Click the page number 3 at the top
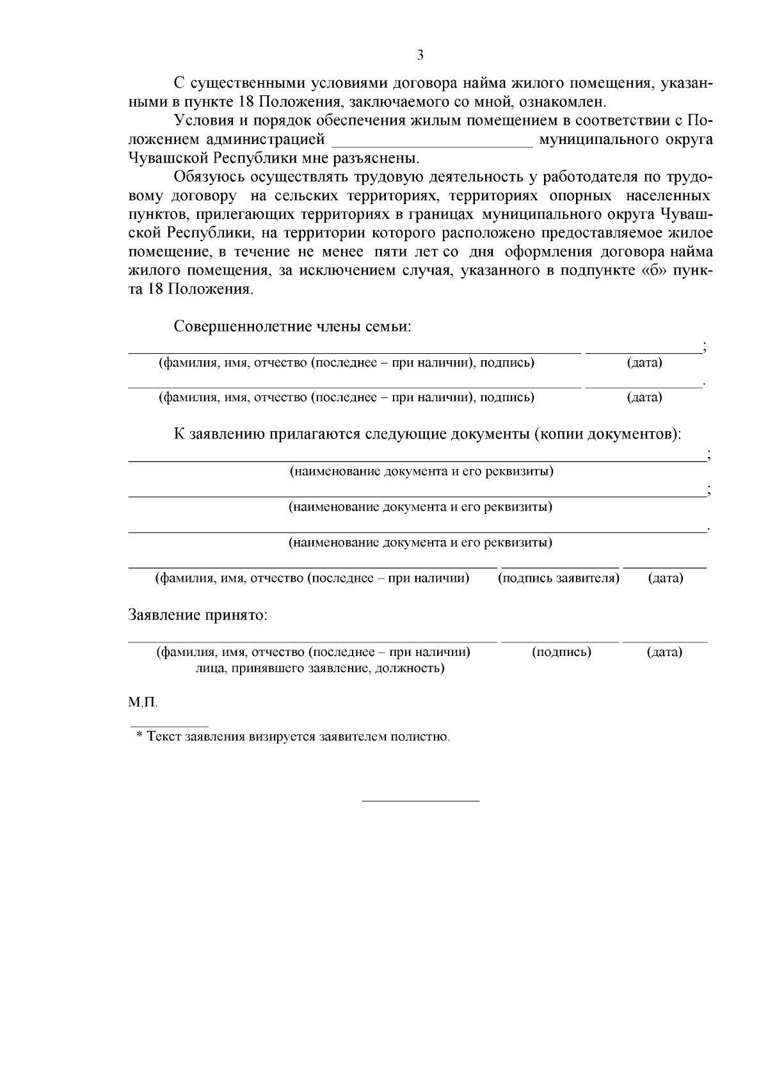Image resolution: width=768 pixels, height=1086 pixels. tap(420, 55)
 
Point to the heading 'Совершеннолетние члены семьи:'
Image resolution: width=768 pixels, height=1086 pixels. tap(292, 326)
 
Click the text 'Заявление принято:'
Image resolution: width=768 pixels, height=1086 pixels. tap(198, 616)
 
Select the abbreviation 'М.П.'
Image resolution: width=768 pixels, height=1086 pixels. tap(143, 703)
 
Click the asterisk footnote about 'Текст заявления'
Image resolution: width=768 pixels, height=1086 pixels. tap(293, 737)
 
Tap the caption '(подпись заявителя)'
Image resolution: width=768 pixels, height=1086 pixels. tap(559, 578)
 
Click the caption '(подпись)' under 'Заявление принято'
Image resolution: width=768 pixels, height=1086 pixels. tap(561, 652)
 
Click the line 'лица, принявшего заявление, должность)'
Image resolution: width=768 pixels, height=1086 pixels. tap(320, 669)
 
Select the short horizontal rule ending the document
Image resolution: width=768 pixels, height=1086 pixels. tap(420, 801)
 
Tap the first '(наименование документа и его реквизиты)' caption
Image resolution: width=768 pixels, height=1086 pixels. tap(421, 472)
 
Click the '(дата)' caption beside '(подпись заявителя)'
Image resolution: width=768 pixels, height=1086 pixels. tap(666, 578)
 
